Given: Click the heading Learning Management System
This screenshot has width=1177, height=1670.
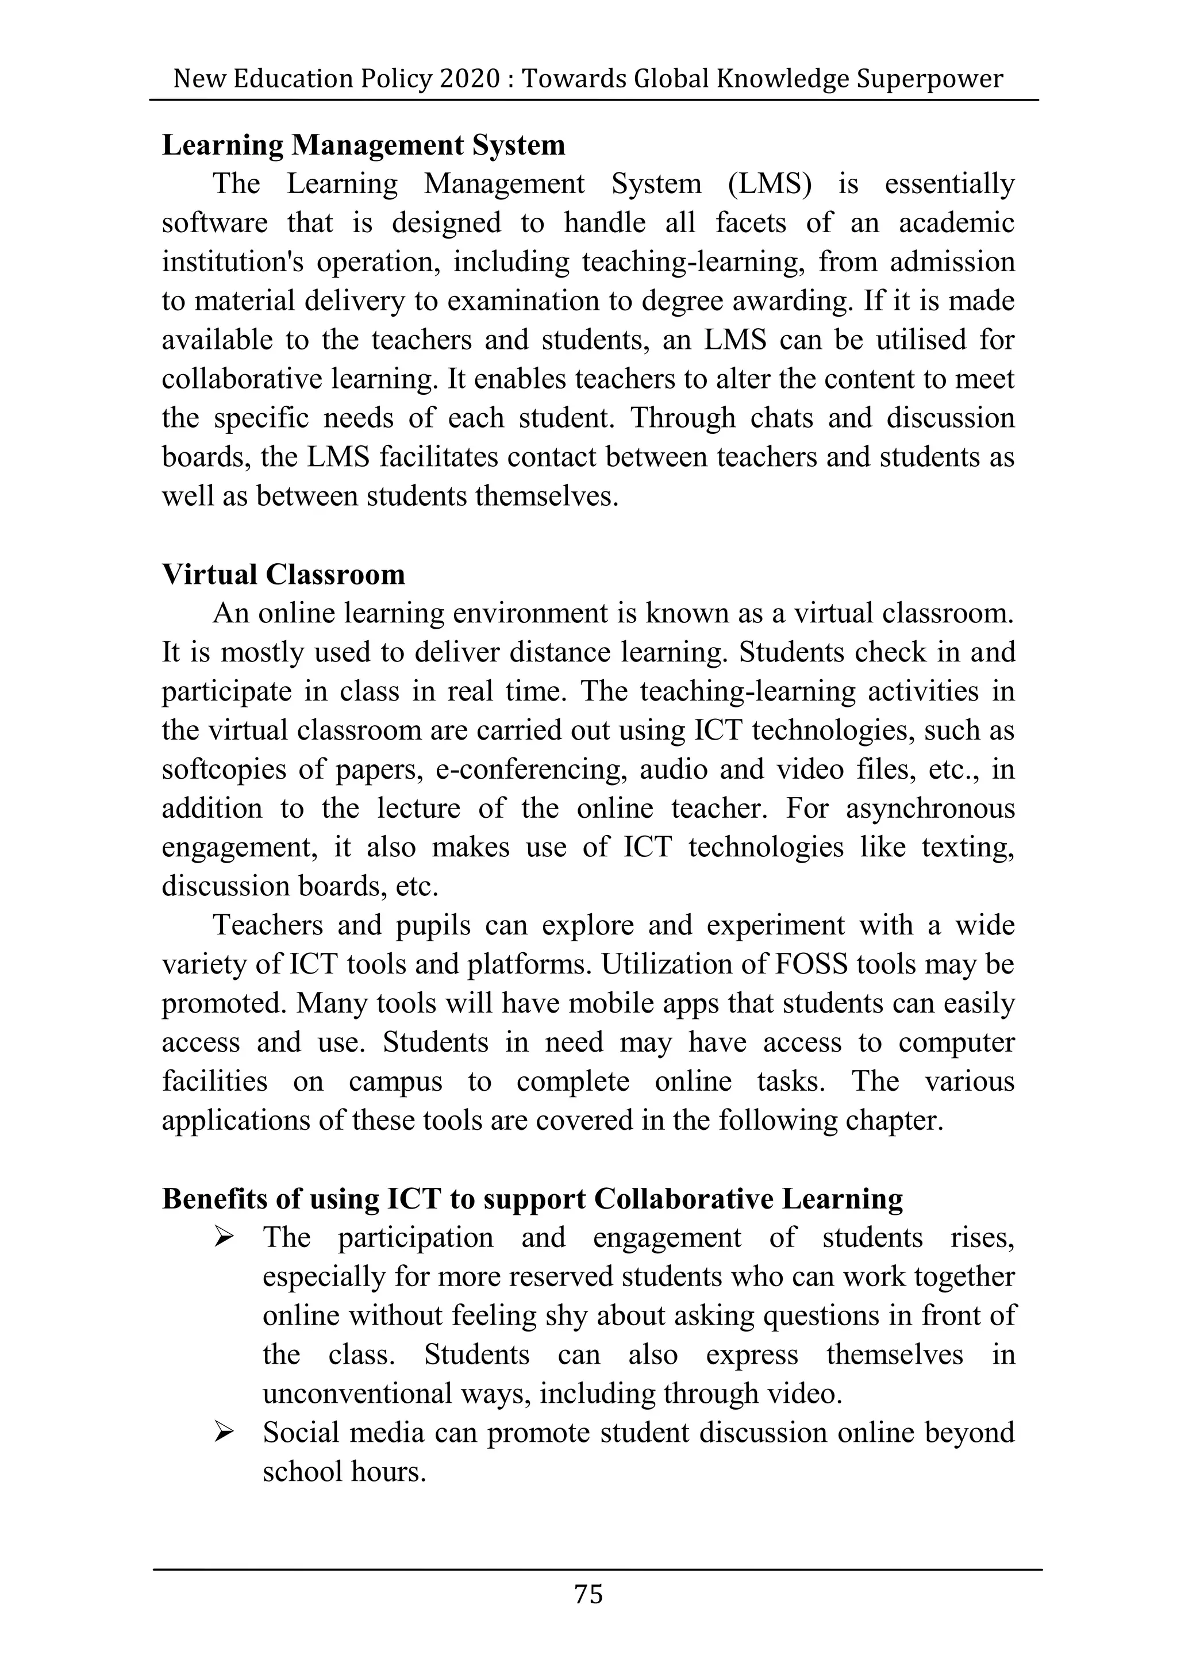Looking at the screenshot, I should point(363,145).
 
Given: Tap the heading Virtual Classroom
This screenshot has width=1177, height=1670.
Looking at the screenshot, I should point(283,574).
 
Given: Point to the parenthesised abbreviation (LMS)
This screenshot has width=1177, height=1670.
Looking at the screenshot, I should point(769,183).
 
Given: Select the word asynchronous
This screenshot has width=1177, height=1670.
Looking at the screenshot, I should point(930,808).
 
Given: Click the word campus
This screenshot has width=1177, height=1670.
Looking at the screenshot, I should point(395,1082).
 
